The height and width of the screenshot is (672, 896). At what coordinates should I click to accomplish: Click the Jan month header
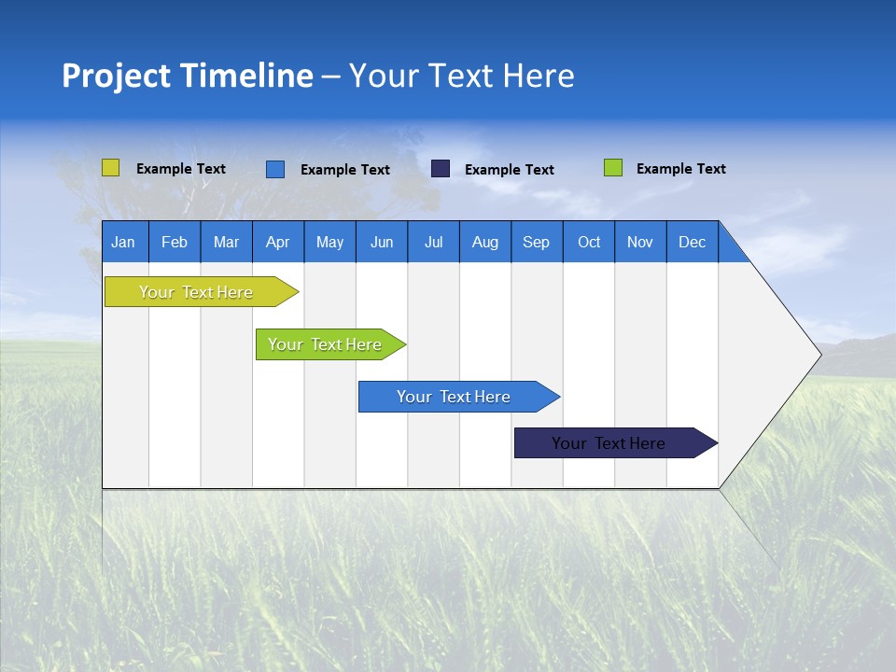(x=123, y=242)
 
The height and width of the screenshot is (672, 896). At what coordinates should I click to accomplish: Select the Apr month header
(x=277, y=242)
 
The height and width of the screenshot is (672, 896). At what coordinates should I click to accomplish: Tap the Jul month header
(x=433, y=242)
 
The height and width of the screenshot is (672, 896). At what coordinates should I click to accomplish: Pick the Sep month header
(x=536, y=242)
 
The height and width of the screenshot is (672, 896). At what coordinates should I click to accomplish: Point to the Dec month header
(x=692, y=242)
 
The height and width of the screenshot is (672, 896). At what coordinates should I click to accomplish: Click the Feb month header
(x=175, y=242)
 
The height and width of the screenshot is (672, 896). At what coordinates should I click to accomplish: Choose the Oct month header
(x=588, y=242)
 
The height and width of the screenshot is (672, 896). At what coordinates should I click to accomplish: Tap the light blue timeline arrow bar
(x=455, y=397)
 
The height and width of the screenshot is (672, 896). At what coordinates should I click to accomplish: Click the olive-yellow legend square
(x=110, y=168)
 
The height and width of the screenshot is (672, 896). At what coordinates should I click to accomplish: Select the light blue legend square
(x=274, y=169)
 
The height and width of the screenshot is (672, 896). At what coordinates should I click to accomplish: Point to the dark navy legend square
(x=441, y=169)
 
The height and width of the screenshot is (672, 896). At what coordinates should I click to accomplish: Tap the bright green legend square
(x=612, y=168)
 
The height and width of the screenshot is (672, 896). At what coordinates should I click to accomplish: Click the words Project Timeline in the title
(x=187, y=76)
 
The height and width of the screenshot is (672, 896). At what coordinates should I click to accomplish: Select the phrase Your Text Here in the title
(x=461, y=76)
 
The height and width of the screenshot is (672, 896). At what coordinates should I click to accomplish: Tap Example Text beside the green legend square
(x=680, y=169)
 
